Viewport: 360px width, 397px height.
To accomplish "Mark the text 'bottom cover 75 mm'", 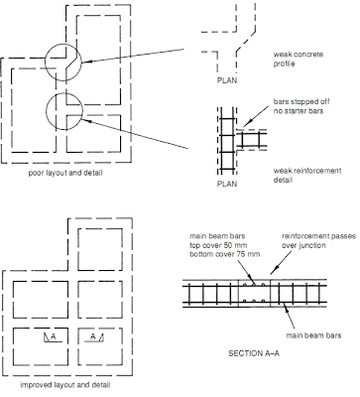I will tap(223, 253).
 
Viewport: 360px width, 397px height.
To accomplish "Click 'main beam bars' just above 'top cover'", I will tap(215, 234).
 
